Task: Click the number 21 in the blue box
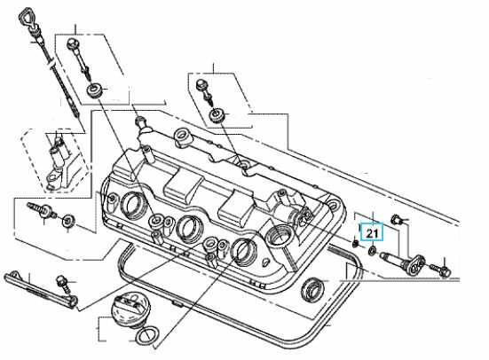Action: [374, 234]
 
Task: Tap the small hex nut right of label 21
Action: [396, 218]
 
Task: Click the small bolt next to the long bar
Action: [64, 283]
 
